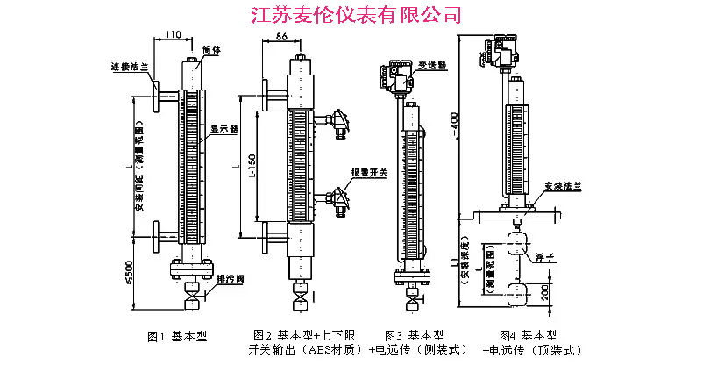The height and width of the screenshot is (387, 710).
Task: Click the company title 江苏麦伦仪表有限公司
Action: (355, 14)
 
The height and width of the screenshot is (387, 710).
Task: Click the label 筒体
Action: (210, 50)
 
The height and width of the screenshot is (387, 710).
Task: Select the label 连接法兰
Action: (126, 66)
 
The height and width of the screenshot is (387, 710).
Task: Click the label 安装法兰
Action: (560, 187)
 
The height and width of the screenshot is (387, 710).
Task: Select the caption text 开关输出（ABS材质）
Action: (304, 350)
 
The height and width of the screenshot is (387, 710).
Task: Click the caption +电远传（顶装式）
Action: (532, 350)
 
